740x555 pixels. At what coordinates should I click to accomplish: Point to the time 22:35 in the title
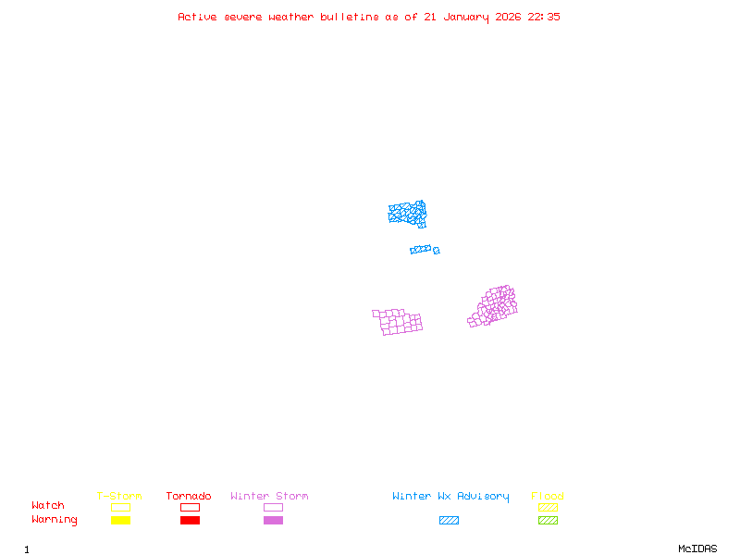pyautogui.click(x=544, y=17)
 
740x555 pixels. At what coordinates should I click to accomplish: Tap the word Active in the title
pyautogui.click(x=197, y=17)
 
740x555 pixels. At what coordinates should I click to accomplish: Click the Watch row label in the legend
pyautogui.click(x=48, y=506)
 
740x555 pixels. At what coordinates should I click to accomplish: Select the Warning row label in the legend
pyautogui.click(x=55, y=520)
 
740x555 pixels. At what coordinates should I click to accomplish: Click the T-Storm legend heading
pyautogui.click(x=119, y=497)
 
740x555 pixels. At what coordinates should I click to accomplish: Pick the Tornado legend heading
pyautogui.click(x=189, y=497)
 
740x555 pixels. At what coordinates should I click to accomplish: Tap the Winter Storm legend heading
pyautogui.click(x=269, y=497)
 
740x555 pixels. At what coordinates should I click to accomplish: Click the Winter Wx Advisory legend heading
pyautogui.click(x=450, y=497)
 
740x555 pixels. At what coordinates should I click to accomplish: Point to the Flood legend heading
pyautogui.click(x=548, y=497)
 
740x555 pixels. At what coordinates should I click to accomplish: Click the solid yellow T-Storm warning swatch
pyautogui.click(x=120, y=521)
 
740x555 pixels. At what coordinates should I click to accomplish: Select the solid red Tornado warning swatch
pyautogui.click(x=190, y=521)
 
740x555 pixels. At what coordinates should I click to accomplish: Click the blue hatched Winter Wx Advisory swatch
pyautogui.click(x=449, y=521)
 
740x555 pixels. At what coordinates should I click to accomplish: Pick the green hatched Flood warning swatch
pyautogui.click(x=548, y=521)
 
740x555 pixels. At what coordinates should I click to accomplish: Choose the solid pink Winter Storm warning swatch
pyautogui.click(x=273, y=521)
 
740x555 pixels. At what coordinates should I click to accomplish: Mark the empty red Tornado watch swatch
pyautogui.click(x=190, y=507)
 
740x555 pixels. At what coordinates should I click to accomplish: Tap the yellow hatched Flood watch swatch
pyautogui.click(x=548, y=507)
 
